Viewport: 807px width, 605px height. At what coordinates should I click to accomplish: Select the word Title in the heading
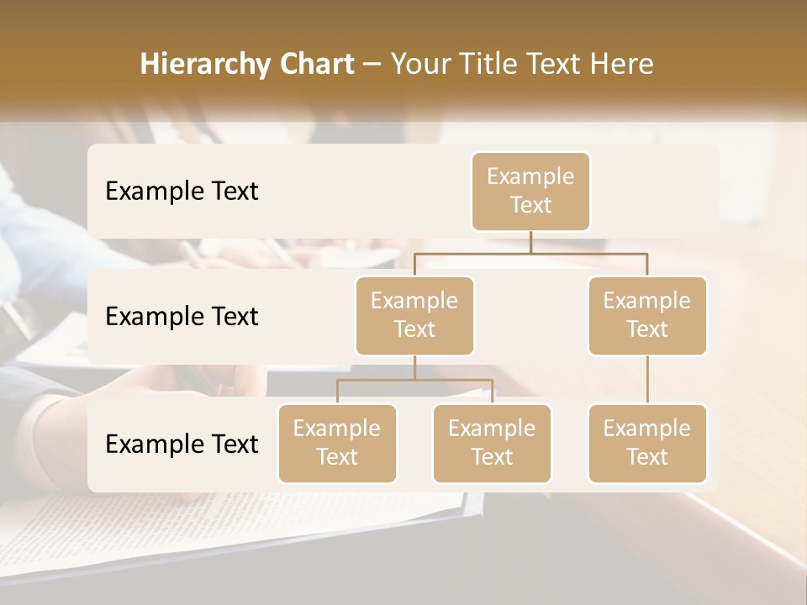coord(482,64)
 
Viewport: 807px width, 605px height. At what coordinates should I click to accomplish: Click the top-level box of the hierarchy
coord(530,191)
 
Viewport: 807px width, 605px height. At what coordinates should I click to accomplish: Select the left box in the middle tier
coord(414,315)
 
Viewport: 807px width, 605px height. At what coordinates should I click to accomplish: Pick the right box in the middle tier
coord(647,315)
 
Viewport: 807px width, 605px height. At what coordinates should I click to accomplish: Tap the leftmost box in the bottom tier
coord(337,443)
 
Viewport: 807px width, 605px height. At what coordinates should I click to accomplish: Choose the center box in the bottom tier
coord(492,443)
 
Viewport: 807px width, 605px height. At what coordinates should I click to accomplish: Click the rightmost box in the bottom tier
coord(647,443)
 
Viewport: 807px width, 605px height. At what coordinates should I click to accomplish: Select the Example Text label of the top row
coord(182,192)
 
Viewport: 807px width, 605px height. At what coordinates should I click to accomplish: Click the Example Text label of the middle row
coord(182,317)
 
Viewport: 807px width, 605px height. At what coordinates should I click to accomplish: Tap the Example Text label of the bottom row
coord(182,445)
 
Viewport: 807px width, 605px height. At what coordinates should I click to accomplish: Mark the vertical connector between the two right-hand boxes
coord(647,380)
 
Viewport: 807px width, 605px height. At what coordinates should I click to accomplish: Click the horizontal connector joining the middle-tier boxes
coord(530,252)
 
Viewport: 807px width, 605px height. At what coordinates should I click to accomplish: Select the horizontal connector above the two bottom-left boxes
coord(414,380)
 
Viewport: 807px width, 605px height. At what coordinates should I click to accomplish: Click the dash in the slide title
coord(372,65)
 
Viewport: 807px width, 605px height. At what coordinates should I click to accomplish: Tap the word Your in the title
coord(419,64)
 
